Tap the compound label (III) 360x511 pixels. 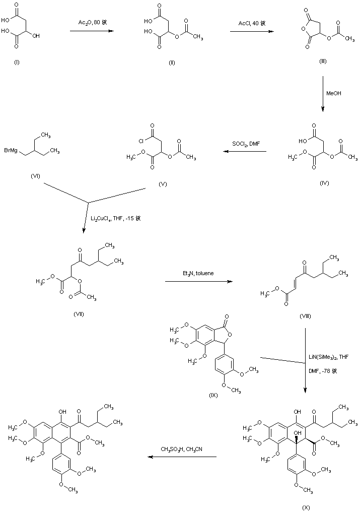pyautogui.click(x=322, y=61)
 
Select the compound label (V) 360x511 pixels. pyautogui.click(x=163, y=184)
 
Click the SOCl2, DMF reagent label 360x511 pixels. pyautogui.click(x=245, y=144)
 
